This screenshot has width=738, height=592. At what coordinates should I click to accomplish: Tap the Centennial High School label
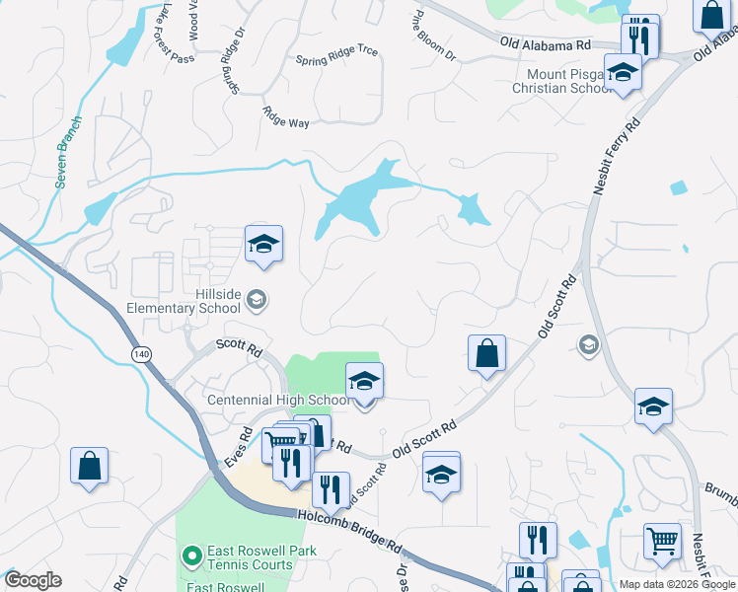coord(278,400)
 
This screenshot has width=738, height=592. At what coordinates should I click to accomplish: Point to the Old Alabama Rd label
coord(545,44)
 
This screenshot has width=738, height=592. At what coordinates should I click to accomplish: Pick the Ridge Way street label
coord(286,115)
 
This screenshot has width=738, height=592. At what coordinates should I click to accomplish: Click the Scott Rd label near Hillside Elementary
coord(239,348)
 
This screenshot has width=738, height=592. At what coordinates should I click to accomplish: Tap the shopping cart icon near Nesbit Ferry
coord(662,541)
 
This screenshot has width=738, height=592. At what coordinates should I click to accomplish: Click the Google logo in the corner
coord(33,580)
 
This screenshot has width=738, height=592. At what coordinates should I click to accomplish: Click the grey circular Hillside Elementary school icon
coord(256,299)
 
